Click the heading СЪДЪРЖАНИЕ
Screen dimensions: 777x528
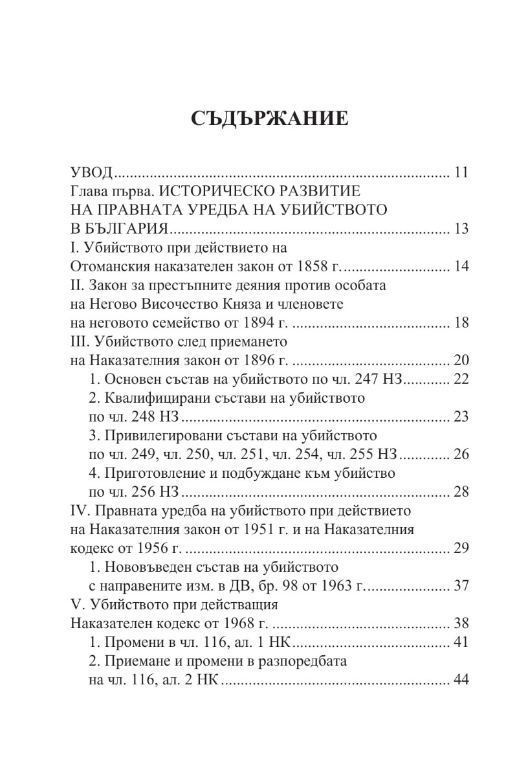[263, 120]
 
